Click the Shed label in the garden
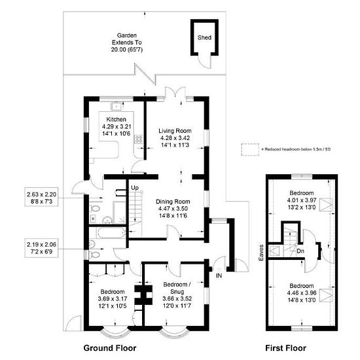[x=204, y=37]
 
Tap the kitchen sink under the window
[x=117, y=107]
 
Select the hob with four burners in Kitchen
[x=139, y=139]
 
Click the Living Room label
[x=175, y=131]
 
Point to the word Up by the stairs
[x=135, y=188]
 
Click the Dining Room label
[x=173, y=202]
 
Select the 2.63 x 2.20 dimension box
[x=41, y=198]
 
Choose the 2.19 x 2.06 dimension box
[x=41, y=248]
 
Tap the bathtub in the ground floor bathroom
[x=111, y=232]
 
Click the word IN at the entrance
[x=219, y=276]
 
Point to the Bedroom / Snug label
[x=177, y=288]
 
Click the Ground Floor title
[x=110, y=348]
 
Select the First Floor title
[x=285, y=348]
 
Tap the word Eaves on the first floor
[x=261, y=253]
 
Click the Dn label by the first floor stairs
[x=300, y=251]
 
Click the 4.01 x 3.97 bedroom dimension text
[x=302, y=200]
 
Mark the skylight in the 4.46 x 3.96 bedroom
[x=326, y=295]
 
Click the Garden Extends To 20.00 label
[x=127, y=43]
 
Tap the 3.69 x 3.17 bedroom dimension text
[x=113, y=299]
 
